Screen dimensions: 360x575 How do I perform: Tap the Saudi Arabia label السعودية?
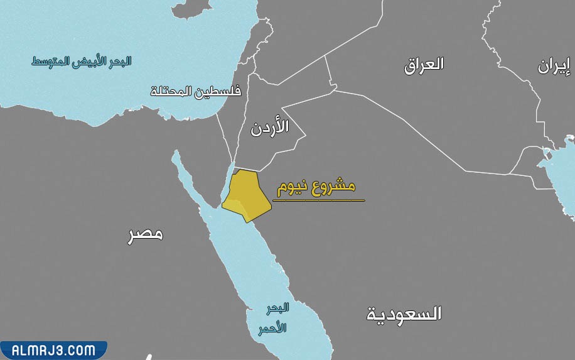tap(404, 314)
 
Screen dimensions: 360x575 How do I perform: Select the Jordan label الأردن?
tap(269, 127)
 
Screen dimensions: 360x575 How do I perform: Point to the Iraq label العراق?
tap(424, 63)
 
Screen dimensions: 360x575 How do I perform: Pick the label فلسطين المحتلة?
tap(195, 91)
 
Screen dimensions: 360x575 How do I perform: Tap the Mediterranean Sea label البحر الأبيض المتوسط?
tap(82, 62)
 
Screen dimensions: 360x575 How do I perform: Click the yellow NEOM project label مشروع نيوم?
tap(316, 187)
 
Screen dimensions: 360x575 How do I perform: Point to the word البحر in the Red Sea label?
tap(277, 308)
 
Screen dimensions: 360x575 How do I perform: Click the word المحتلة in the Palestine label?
tap(171, 92)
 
